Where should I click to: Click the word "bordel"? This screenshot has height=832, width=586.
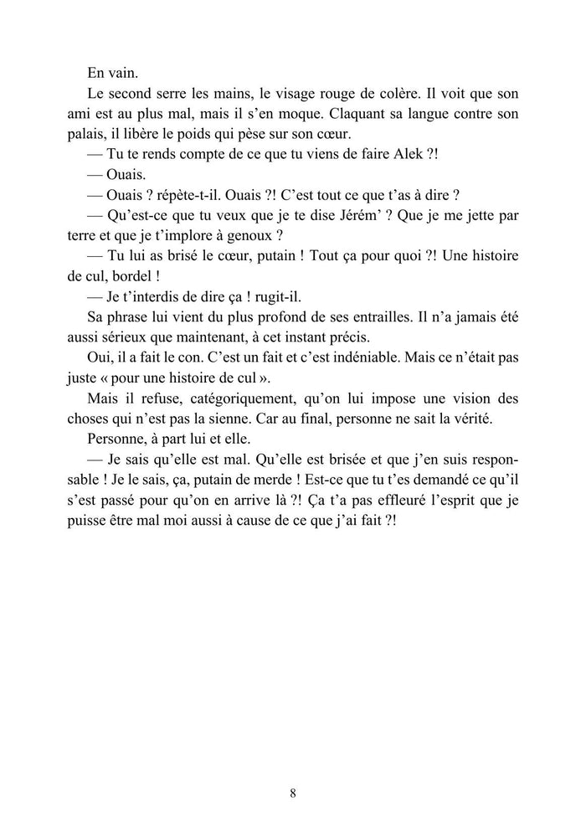[x=128, y=275]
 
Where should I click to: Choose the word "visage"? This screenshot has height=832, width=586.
[x=260, y=93]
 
